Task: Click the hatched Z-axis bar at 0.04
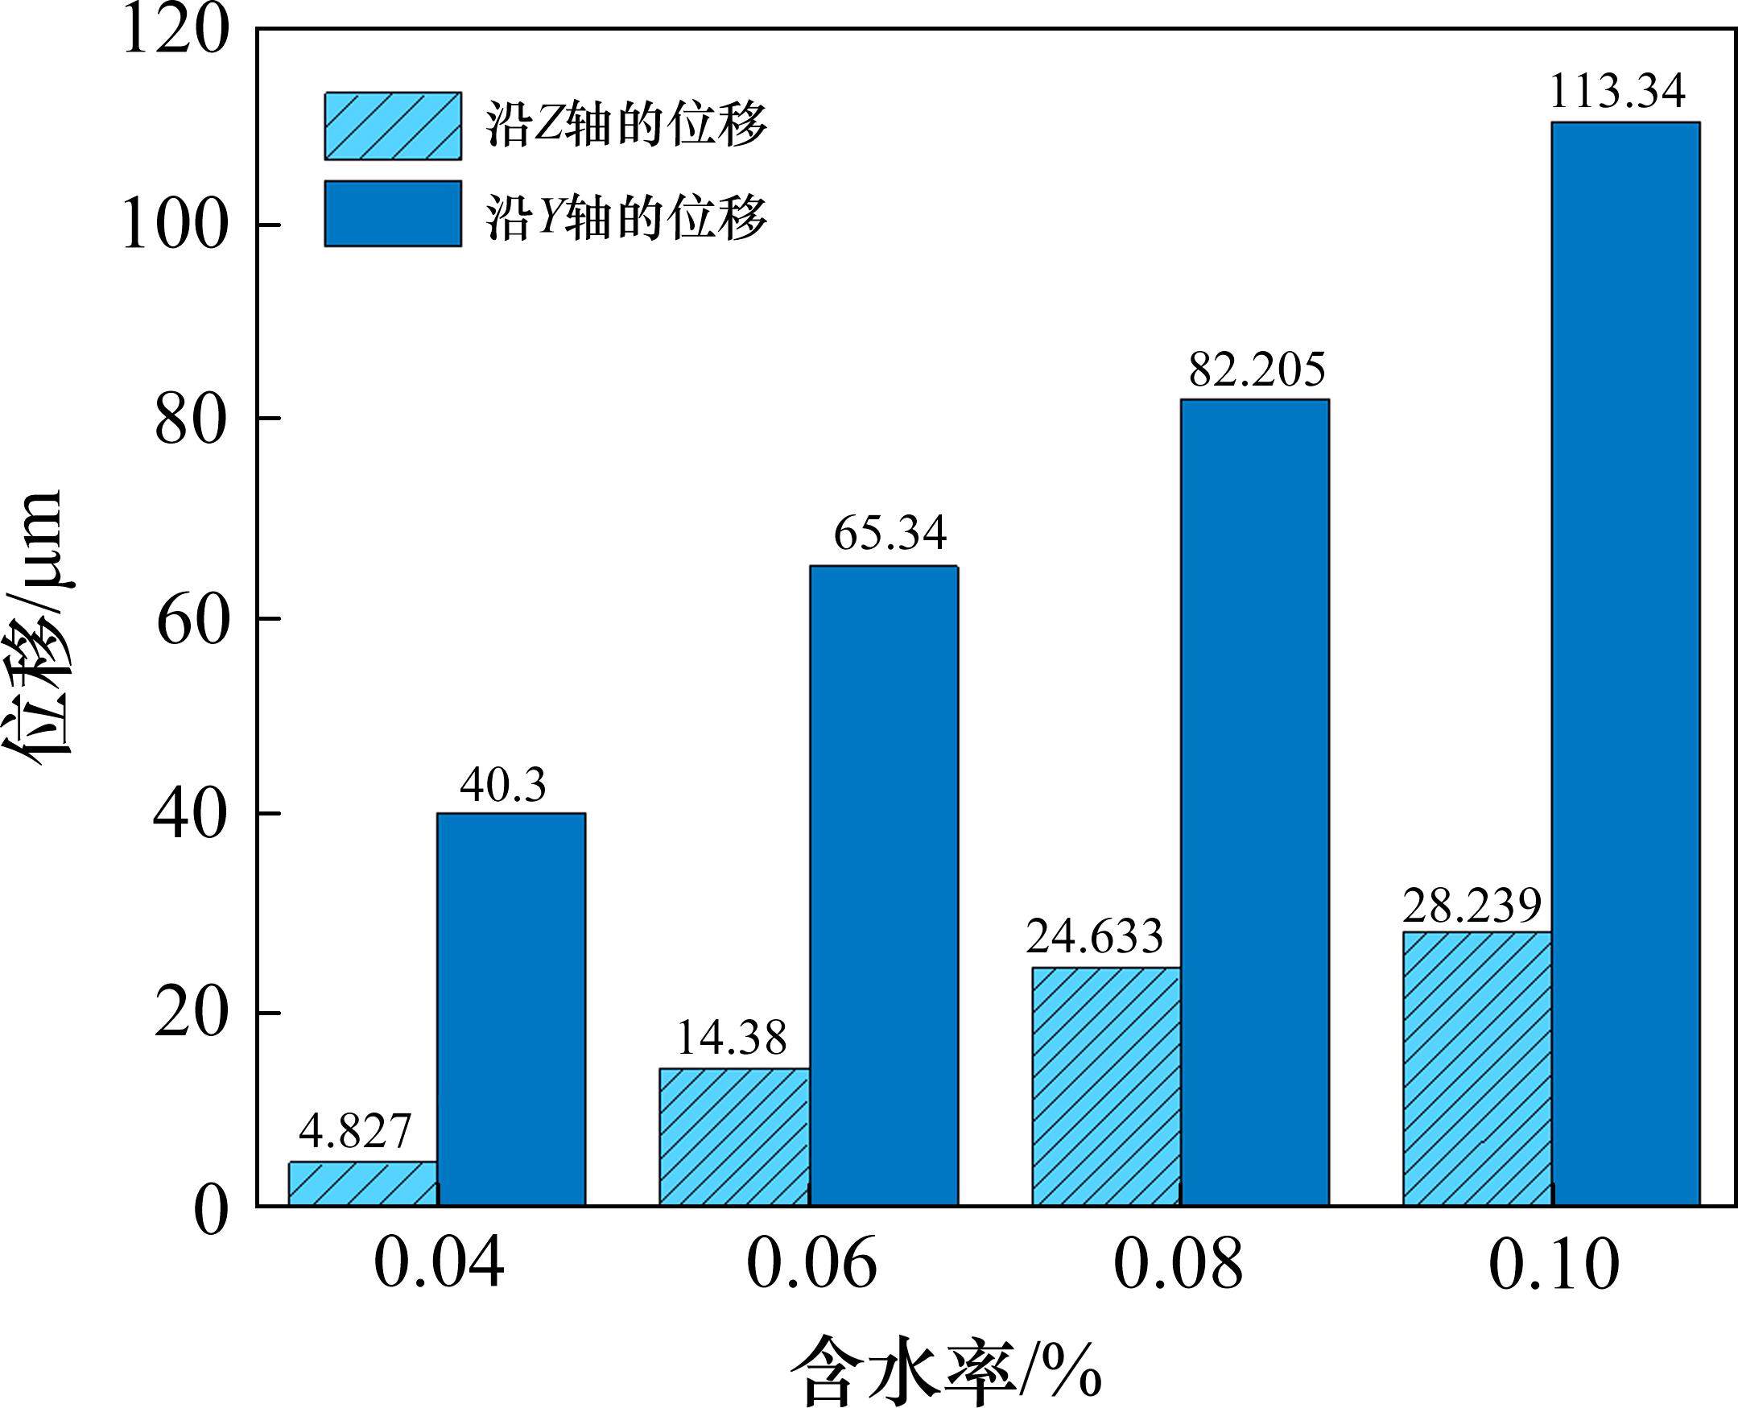pyautogui.click(x=363, y=1183)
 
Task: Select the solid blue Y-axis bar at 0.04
pyautogui.click(x=511, y=1009)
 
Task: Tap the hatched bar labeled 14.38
pyautogui.click(x=734, y=1136)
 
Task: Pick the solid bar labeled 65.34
pyautogui.click(x=884, y=885)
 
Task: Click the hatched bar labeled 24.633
pyautogui.click(x=1106, y=1086)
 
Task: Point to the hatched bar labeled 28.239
pyautogui.click(x=1477, y=1068)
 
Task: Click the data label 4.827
pyautogui.click(x=355, y=1131)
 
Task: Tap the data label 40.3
pyautogui.click(x=504, y=785)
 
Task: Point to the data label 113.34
pyautogui.click(x=1617, y=92)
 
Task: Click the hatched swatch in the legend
pyautogui.click(x=394, y=126)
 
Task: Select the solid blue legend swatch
pyautogui.click(x=394, y=213)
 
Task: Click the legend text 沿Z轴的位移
pyautogui.click(x=626, y=126)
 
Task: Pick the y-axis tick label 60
pyautogui.click(x=188, y=626)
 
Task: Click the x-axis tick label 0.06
pyautogui.click(x=811, y=1266)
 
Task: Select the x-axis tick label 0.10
pyautogui.click(x=1553, y=1266)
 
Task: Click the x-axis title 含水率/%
pyautogui.click(x=945, y=1372)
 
